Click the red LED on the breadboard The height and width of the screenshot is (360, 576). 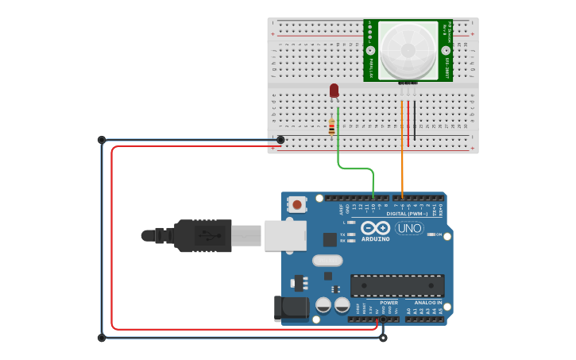point(334,91)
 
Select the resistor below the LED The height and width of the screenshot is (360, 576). point(331,126)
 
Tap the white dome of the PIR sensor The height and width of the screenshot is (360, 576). point(407,49)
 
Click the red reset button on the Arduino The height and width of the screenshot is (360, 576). point(297,204)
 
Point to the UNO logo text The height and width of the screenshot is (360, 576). point(409,229)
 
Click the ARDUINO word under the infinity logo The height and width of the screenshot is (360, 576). point(375,238)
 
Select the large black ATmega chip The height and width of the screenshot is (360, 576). point(397,285)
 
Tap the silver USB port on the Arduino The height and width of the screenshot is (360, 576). point(285,235)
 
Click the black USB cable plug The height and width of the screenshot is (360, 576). point(203,235)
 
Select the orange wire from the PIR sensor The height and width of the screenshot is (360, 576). point(402,151)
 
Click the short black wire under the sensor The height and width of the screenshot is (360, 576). point(414,119)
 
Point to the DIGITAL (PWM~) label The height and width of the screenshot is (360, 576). point(407,214)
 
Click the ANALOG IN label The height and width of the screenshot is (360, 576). point(427,303)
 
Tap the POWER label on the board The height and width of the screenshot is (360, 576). point(389,303)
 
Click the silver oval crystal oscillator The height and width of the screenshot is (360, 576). point(327,260)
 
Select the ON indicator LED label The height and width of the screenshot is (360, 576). point(439,234)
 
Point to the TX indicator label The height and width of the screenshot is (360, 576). point(342,234)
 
